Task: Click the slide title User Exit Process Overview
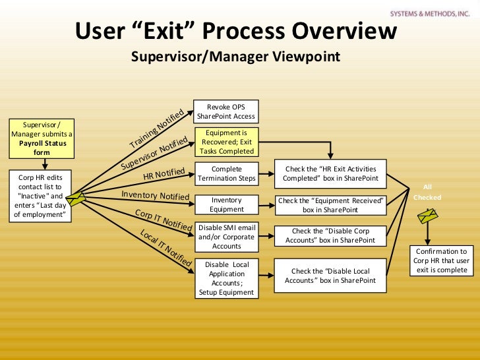click(235, 31)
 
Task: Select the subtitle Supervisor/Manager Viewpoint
click(235, 57)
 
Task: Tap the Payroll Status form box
click(42, 138)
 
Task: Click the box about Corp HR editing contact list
click(42, 196)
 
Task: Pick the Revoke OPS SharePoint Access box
click(227, 111)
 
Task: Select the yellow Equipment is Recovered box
click(226, 142)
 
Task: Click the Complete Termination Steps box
click(227, 174)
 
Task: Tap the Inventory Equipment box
click(227, 204)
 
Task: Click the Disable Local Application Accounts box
click(227, 278)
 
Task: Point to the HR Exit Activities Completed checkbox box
click(330, 174)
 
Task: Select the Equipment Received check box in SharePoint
click(330, 205)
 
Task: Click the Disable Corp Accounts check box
click(330, 236)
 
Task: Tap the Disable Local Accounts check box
click(330, 276)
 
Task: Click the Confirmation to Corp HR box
click(441, 260)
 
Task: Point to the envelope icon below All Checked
click(427, 215)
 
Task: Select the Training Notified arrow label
click(157, 129)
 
